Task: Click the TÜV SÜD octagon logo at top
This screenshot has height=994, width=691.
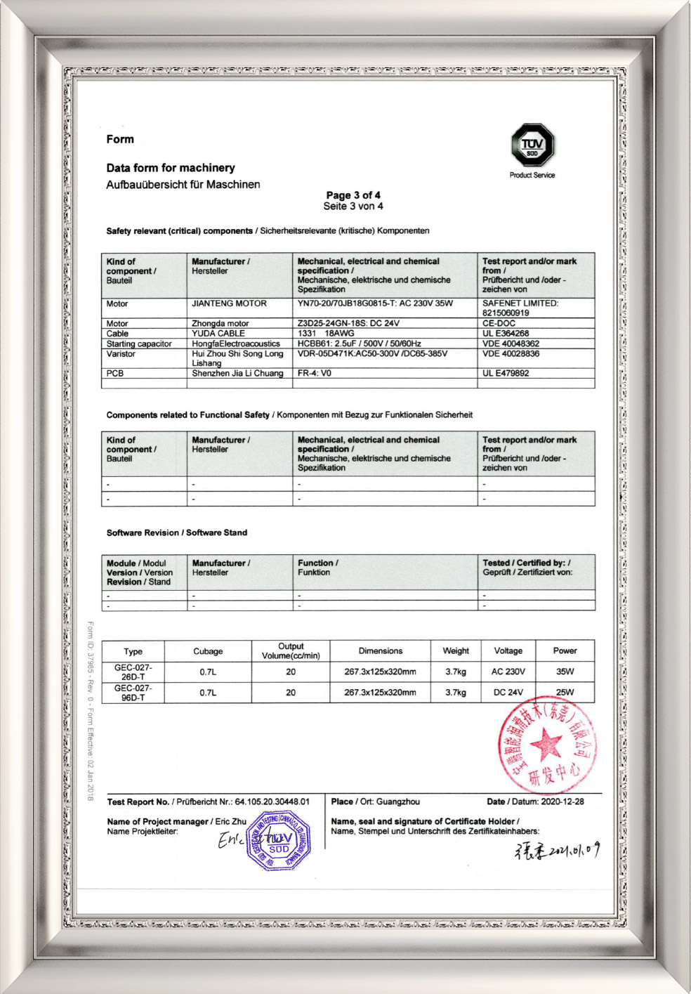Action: [532, 145]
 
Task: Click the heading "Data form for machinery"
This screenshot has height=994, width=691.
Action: [171, 168]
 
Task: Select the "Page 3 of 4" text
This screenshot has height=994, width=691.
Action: [353, 195]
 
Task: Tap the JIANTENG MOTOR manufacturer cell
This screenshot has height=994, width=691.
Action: [230, 304]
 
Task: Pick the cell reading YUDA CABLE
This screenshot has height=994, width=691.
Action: [218, 334]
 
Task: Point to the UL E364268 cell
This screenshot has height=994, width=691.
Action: [506, 334]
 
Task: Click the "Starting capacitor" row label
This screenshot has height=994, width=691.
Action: [139, 344]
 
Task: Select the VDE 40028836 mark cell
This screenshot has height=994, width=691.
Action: [511, 354]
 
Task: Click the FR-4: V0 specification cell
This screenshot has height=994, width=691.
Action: [315, 374]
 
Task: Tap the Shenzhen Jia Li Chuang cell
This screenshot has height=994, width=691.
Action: [237, 374]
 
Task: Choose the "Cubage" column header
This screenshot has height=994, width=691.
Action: [208, 651]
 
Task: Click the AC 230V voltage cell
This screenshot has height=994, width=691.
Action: [508, 672]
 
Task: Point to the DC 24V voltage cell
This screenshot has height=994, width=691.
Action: [508, 693]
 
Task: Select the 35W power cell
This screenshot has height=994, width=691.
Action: [565, 672]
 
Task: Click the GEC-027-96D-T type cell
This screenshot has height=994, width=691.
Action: [133, 693]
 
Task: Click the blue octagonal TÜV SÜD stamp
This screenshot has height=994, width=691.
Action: [279, 841]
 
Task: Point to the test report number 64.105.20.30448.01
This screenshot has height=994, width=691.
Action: [272, 802]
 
